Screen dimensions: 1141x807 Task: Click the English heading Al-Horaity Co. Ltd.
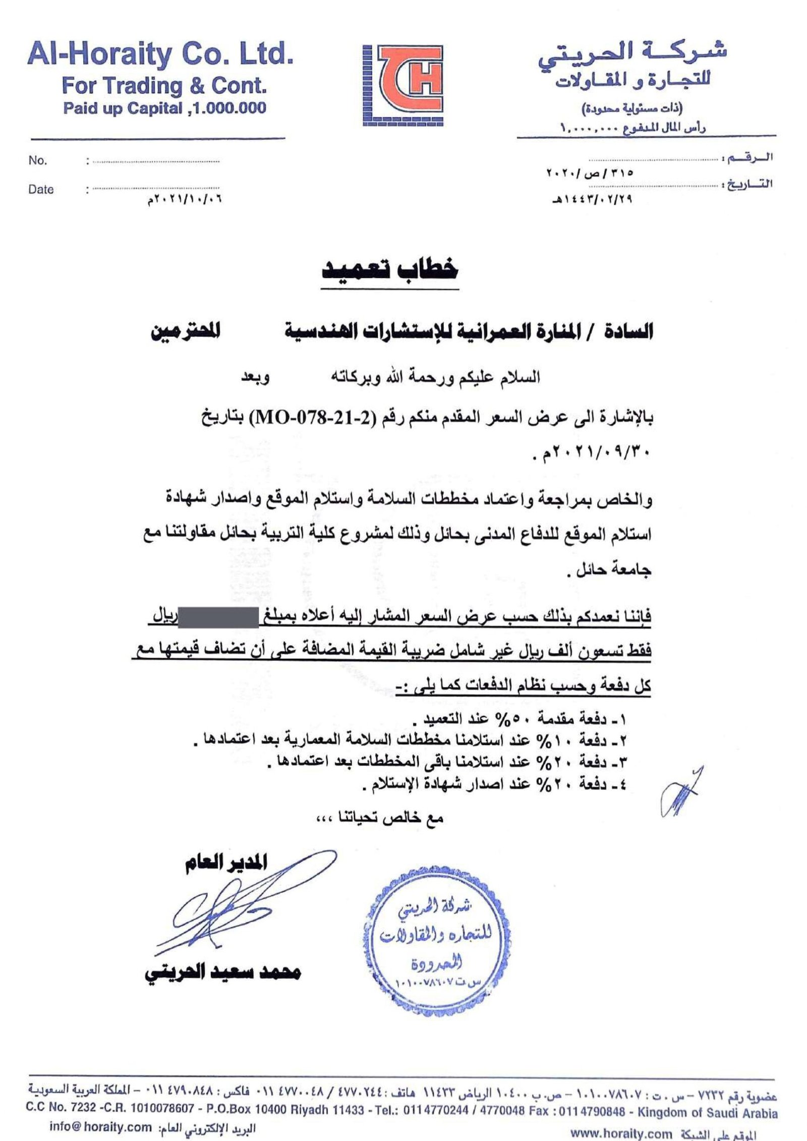(160, 54)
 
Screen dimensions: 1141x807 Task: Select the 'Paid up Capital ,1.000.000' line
(164, 108)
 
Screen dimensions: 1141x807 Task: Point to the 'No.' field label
(38, 160)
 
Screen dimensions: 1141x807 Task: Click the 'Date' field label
(41, 190)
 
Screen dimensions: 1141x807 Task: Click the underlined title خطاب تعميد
(390, 271)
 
